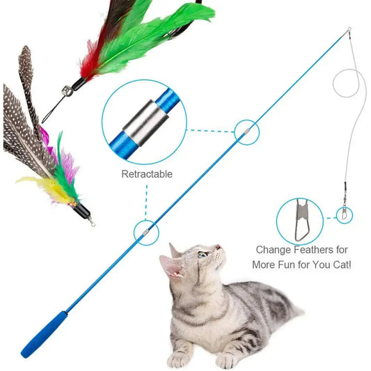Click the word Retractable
tap(146, 174)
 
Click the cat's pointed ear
tap(168, 264)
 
